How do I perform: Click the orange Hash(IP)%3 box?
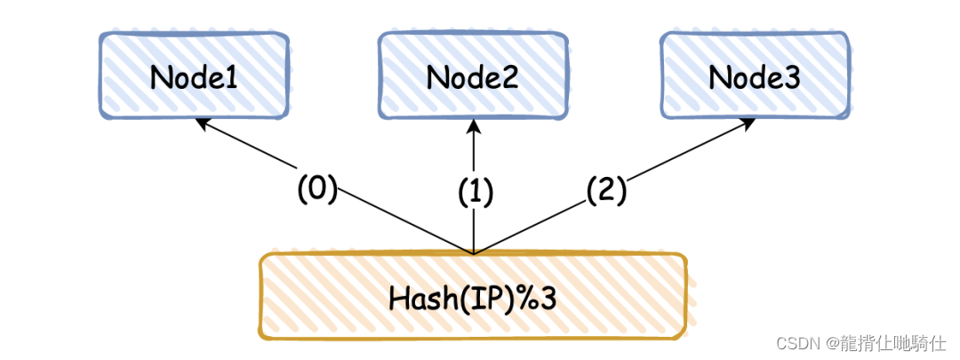pyautogui.click(x=472, y=297)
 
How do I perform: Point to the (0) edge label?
pyautogui.click(x=317, y=190)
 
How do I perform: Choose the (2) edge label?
pyautogui.click(x=606, y=189)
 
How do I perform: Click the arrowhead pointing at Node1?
pyautogui.click(x=202, y=124)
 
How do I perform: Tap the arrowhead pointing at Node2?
pyautogui.click(x=474, y=125)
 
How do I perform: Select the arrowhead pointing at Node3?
pyautogui.click(x=749, y=122)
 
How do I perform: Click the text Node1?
pyautogui.click(x=194, y=77)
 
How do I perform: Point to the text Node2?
pyautogui.click(x=472, y=77)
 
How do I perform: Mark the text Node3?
pyautogui.click(x=754, y=77)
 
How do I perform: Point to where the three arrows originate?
pyautogui.click(x=474, y=254)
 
